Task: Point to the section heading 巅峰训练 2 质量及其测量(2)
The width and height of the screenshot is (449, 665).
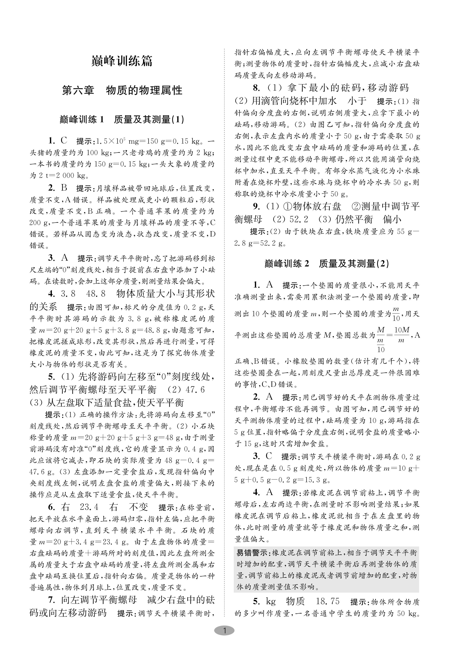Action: pyautogui.click(x=327, y=264)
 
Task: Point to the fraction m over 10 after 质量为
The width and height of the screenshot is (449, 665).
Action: pyautogui.click(x=396, y=314)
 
